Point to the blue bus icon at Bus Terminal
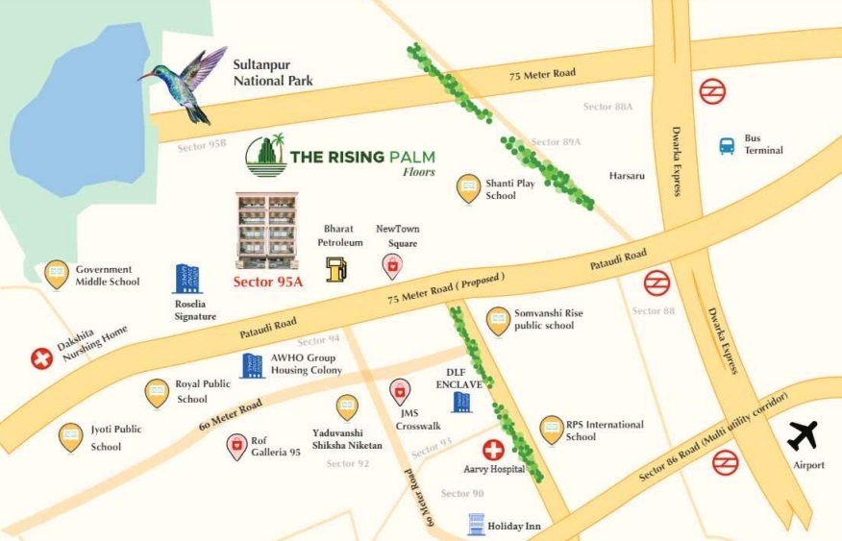click(x=728, y=146)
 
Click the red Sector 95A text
click(x=268, y=282)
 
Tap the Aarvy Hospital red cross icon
click(x=493, y=449)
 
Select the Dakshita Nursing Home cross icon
click(x=41, y=358)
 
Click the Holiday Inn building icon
click(x=476, y=524)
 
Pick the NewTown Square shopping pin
click(x=392, y=266)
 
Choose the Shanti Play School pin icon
click(x=468, y=187)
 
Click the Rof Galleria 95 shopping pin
click(x=236, y=446)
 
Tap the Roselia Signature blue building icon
click(x=186, y=279)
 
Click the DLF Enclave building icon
click(x=461, y=401)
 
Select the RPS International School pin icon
click(x=551, y=430)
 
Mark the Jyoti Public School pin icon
click(x=70, y=437)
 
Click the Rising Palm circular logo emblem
click(x=266, y=157)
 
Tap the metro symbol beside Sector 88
click(x=656, y=283)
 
